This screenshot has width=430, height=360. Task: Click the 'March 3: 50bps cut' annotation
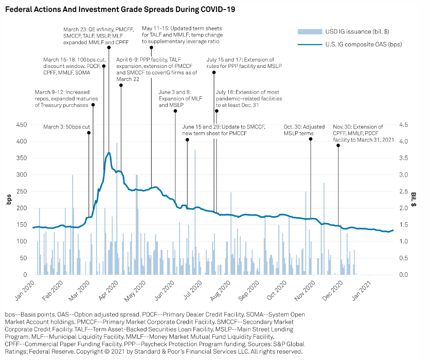pyautogui.click(x=67, y=127)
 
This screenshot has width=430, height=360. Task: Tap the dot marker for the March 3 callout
pyautogui.click(x=89, y=133)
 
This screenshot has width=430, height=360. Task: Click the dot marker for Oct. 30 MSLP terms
pyautogui.click(x=311, y=139)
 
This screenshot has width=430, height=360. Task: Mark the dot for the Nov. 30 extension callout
pyautogui.click(x=339, y=145)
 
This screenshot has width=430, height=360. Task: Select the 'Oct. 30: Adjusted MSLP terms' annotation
pyautogui.click(x=304, y=130)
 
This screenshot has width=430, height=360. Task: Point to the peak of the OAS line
pyautogui.click(x=109, y=152)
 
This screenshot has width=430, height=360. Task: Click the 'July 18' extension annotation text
pyautogui.click(x=249, y=98)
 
